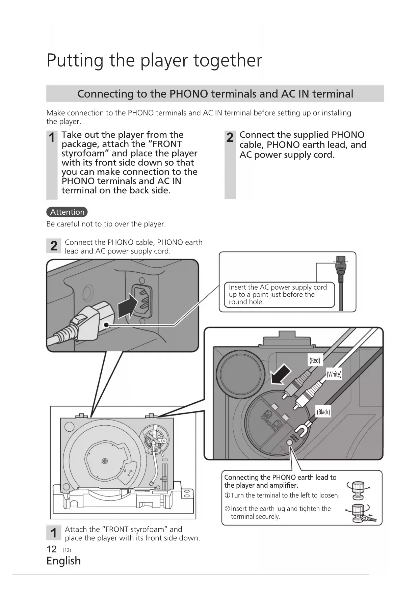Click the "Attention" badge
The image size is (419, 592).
pyautogui.click(x=67, y=212)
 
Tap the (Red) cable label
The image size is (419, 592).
pyautogui.click(x=315, y=360)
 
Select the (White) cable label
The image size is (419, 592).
pyautogui.click(x=334, y=374)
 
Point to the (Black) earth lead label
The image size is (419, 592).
pyautogui.click(x=323, y=412)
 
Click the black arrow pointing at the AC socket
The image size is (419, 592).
pyautogui.click(x=127, y=305)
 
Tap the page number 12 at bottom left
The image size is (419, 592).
pyautogui.click(x=51, y=549)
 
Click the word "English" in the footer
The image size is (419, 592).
pyautogui.click(x=63, y=561)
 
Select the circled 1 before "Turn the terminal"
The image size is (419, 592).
pyautogui.click(x=227, y=495)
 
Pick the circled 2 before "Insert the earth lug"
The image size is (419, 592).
pyautogui.click(x=227, y=509)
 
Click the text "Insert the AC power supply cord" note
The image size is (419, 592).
pyautogui.click(x=278, y=287)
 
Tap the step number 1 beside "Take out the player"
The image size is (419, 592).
pyautogui.click(x=52, y=138)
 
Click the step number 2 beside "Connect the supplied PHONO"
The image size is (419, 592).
pyautogui.click(x=230, y=138)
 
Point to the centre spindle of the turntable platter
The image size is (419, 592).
pyautogui.click(x=105, y=461)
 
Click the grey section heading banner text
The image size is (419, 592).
pyautogui.click(x=215, y=93)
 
